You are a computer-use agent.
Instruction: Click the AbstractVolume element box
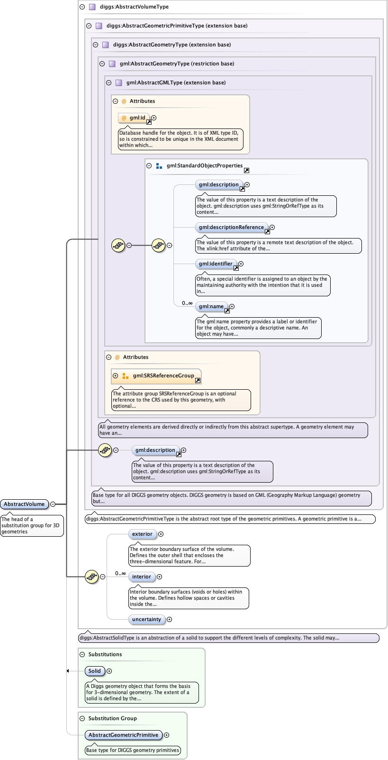(24, 504)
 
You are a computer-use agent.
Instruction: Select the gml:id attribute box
(134, 118)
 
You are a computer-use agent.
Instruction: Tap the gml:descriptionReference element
(231, 227)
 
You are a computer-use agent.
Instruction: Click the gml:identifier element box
(216, 264)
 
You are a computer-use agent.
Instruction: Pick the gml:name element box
(211, 306)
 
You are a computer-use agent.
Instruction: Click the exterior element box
(142, 534)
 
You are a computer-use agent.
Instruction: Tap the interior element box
(141, 577)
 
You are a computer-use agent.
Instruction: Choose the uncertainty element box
(146, 619)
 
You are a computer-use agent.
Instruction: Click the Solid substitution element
(95, 671)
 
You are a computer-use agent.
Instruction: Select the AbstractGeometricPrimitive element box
(123, 735)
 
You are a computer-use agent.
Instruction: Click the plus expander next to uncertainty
(170, 619)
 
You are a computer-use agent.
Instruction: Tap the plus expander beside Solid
(109, 671)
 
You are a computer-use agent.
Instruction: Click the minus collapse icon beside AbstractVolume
(53, 504)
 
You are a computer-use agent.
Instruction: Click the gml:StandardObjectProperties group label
(204, 165)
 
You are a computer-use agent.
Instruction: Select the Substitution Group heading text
(112, 718)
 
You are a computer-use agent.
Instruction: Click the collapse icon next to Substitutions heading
(82, 654)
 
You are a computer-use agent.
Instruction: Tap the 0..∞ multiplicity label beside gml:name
(187, 303)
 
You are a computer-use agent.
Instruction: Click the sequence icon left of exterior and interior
(91, 577)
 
